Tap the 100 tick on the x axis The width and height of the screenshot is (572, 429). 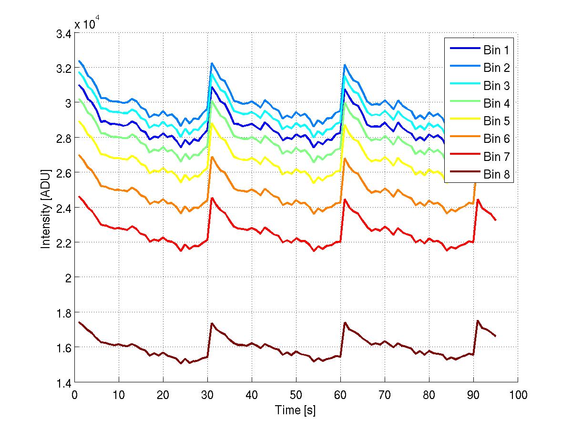click(518, 395)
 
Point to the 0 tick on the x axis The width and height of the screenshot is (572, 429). click(74, 395)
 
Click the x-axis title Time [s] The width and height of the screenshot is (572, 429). click(296, 410)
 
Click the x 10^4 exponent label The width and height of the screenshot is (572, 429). click(87, 24)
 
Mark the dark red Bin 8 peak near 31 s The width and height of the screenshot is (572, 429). click(211, 323)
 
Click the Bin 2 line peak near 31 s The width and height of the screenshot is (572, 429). click(211, 63)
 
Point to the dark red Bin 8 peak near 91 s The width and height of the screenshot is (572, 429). click(478, 321)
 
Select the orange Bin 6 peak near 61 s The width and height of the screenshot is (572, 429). click(344, 158)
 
